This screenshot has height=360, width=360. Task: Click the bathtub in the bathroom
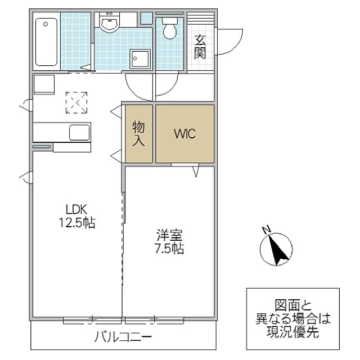pyautogui.click(x=46, y=42)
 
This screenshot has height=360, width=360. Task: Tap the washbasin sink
pyautogui.click(x=110, y=22)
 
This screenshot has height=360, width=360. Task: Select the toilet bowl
pyautogui.click(x=170, y=29)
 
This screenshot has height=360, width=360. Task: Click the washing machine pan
pyautogui.click(x=140, y=59)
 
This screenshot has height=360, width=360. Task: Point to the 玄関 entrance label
pyautogui.click(x=200, y=47)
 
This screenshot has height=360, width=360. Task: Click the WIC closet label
pyautogui.click(x=185, y=134)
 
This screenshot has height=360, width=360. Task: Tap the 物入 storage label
pyautogui.click(x=138, y=134)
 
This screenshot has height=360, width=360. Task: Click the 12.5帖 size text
pyautogui.click(x=77, y=222)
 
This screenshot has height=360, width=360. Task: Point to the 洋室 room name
pyautogui.click(x=169, y=235)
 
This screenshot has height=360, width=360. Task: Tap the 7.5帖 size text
pyautogui.click(x=169, y=248)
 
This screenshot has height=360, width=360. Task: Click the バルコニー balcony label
pyautogui.click(x=123, y=337)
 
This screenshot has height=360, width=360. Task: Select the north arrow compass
pyautogui.click(x=276, y=249)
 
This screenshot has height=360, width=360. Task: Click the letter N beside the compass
pyautogui.click(x=266, y=230)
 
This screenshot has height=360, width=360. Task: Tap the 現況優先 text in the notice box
pyautogui.click(x=292, y=331)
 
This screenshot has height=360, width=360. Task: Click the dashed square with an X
pyautogui.click(x=76, y=102)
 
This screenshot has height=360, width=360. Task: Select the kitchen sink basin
pyautogui.click(x=79, y=133)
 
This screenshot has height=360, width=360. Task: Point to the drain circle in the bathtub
pyautogui.click(x=46, y=24)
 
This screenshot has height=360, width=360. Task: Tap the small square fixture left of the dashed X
pyautogui.click(x=44, y=85)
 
